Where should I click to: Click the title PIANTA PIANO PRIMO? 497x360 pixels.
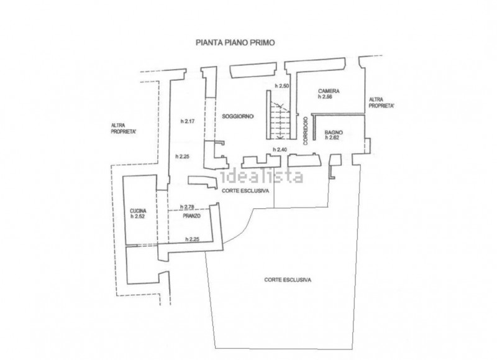[x=235, y=42]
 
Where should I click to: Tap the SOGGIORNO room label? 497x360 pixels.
[x=238, y=116]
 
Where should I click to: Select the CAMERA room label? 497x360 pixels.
[x=329, y=91]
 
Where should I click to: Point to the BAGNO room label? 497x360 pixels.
[x=334, y=132]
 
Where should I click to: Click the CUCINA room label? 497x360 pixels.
[x=138, y=211]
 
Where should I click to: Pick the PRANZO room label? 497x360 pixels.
[x=191, y=216]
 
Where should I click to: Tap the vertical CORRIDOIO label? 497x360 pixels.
[x=306, y=131]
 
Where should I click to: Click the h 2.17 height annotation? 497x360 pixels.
[x=188, y=121]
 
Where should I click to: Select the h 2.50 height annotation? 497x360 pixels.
[x=282, y=86]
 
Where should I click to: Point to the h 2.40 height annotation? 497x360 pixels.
[x=280, y=149]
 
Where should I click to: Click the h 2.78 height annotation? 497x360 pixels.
[x=187, y=207]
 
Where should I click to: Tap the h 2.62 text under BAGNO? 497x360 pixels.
[x=332, y=137]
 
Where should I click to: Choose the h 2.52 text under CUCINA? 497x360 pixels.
[x=137, y=216]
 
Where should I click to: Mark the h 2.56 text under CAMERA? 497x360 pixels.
[x=325, y=97]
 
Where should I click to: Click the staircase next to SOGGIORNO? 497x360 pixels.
[x=280, y=120]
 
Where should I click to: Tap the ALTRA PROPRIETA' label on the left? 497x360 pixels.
[x=124, y=129]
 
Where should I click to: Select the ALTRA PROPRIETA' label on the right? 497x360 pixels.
[x=381, y=103]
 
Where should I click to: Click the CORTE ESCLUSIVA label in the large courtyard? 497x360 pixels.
[x=288, y=280]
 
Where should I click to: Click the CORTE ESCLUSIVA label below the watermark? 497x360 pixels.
[x=245, y=191]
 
